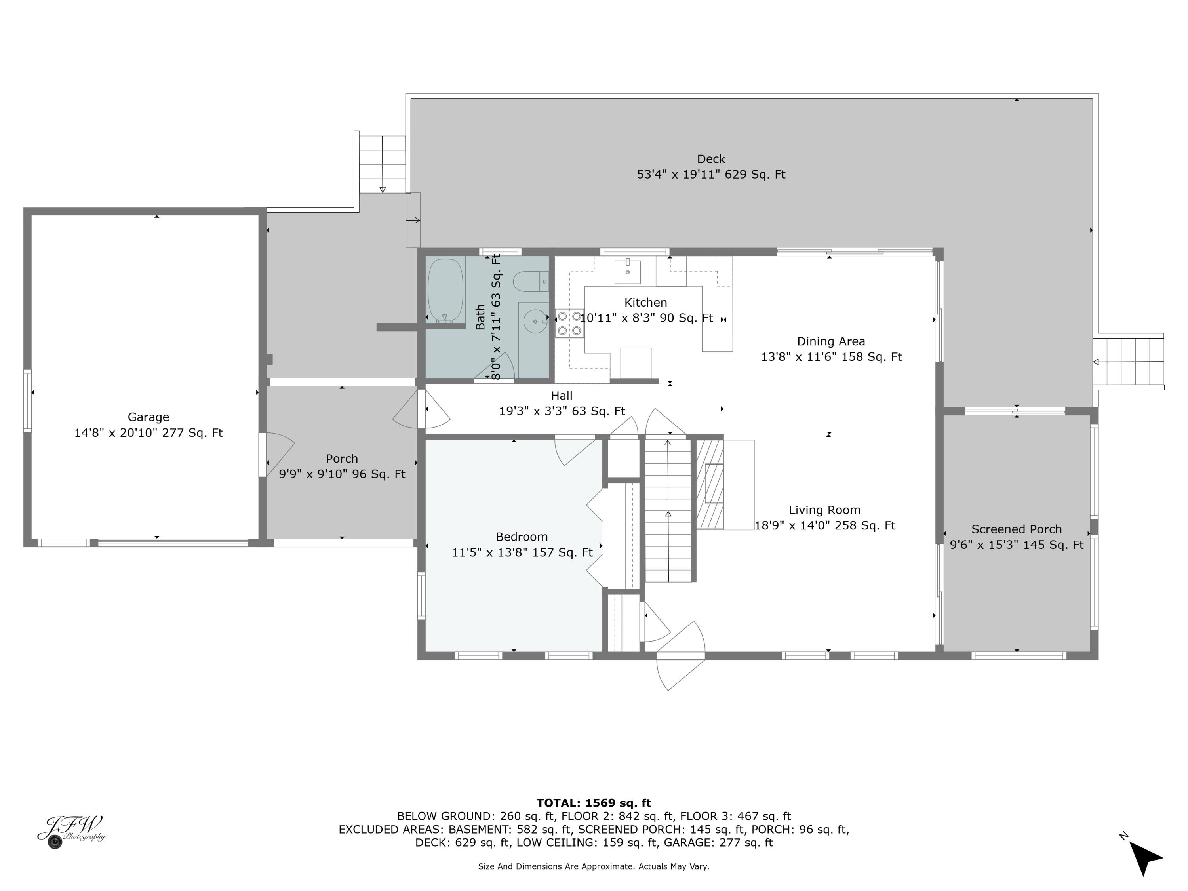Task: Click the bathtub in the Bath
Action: coord(445,291)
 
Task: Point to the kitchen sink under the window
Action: coord(627,271)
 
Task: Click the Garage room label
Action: coord(148,417)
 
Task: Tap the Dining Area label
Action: coord(830,342)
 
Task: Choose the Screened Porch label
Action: coord(1016,529)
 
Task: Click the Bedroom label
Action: coord(522,537)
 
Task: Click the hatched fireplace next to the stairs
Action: coord(710,484)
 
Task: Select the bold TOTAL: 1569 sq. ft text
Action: coord(594,803)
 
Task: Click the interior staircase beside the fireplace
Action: coord(668,510)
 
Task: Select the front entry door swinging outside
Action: coord(680,662)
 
